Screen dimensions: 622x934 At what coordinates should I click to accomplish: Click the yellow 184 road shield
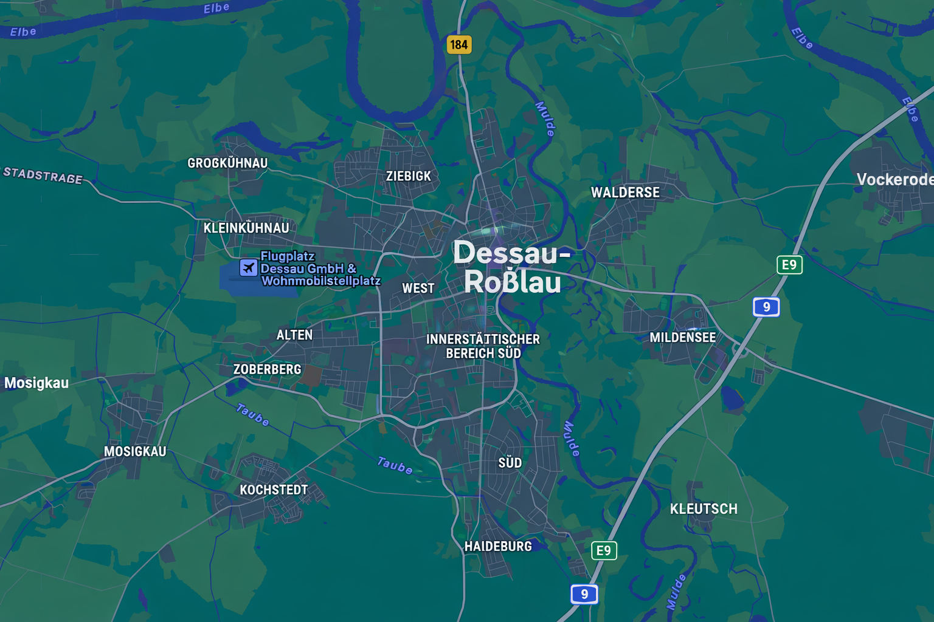(459, 44)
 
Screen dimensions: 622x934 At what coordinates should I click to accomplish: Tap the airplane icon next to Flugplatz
(248, 267)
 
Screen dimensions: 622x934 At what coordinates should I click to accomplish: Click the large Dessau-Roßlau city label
(512, 267)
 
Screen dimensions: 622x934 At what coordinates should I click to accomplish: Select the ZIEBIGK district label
(409, 176)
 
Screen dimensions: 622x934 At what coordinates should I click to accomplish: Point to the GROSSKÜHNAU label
(227, 163)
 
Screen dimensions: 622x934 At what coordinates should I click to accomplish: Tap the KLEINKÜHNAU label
(246, 228)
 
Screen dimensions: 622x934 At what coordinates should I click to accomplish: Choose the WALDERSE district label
(625, 193)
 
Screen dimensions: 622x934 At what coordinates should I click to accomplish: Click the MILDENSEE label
(682, 338)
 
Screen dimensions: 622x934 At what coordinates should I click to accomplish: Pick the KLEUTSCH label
(704, 509)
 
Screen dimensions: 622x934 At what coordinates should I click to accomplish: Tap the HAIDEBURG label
(498, 547)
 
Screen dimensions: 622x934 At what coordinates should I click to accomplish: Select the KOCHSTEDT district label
(274, 490)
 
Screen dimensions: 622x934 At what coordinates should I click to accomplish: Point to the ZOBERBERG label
(268, 369)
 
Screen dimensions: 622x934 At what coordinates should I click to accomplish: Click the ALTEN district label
(294, 335)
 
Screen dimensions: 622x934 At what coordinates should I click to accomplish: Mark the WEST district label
(418, 289)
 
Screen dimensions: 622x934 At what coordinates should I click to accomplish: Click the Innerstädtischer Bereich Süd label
(483, 346)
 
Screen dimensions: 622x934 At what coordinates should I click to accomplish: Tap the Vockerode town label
(894, 180)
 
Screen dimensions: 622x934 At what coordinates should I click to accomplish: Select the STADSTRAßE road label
(43, 176)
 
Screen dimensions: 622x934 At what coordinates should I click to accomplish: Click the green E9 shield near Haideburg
(604, 550)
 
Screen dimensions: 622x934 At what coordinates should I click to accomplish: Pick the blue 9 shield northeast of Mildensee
(766, 307)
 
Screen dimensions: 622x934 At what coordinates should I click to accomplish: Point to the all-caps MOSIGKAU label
(135, 451)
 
